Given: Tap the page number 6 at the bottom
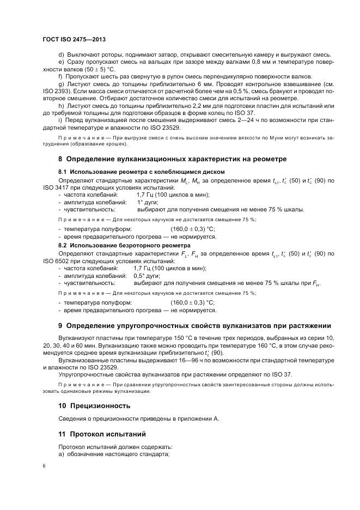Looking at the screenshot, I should pos(44,466).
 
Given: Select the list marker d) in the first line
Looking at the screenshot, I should pos(60,54).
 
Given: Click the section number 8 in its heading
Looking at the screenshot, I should pos(60,159).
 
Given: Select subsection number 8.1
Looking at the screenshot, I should pos(62,172).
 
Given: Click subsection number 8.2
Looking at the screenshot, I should pos(62,246).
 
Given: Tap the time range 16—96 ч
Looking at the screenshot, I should pos(194,361).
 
